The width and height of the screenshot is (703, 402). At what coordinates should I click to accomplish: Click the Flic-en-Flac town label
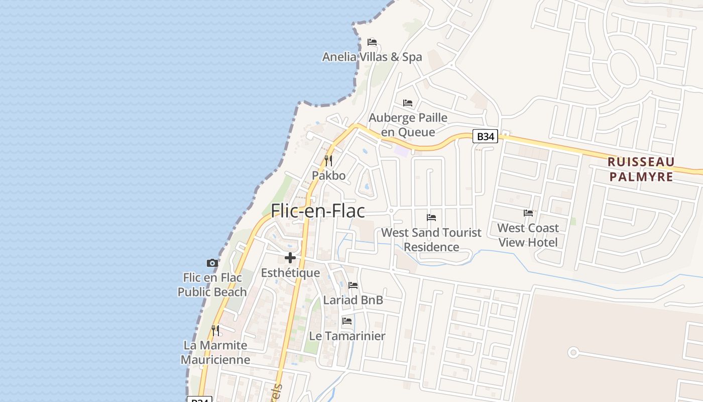point(317,211)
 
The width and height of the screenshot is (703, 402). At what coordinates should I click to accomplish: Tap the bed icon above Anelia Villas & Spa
point(372,42)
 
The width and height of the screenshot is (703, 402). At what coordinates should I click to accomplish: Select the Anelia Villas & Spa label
point(372,57)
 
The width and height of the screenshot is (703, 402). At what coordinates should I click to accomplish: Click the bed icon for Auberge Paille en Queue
point(408,103)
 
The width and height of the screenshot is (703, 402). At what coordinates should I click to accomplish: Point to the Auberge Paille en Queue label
point(408,125)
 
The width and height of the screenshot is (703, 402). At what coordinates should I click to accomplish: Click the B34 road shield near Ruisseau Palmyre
point(485,136)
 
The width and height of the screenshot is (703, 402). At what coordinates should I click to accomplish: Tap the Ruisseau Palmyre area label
point(641,169)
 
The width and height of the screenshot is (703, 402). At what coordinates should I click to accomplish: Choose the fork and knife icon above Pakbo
point(328,161)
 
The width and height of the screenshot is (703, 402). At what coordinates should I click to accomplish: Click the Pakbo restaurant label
point(329,175)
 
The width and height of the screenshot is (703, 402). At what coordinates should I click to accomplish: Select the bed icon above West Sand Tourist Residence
point(431,218)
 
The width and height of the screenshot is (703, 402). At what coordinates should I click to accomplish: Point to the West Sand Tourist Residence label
point(431,240)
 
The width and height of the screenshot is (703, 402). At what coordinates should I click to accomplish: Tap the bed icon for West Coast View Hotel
point(528,213)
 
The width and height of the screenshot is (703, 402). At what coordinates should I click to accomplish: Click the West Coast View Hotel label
point(528,235)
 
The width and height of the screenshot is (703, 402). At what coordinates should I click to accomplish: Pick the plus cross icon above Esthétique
point(290,258)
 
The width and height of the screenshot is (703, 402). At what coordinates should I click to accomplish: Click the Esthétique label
point(290,273)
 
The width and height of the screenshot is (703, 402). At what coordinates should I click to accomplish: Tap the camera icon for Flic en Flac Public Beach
point(212,263)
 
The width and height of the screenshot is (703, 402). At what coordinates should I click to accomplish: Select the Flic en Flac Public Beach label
point(212,284)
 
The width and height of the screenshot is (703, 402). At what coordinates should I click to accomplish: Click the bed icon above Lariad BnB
point(353,285)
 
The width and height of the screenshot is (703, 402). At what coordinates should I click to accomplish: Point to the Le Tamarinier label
point(347,336)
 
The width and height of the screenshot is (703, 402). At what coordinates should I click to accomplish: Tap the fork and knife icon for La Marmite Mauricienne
point(215,331)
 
